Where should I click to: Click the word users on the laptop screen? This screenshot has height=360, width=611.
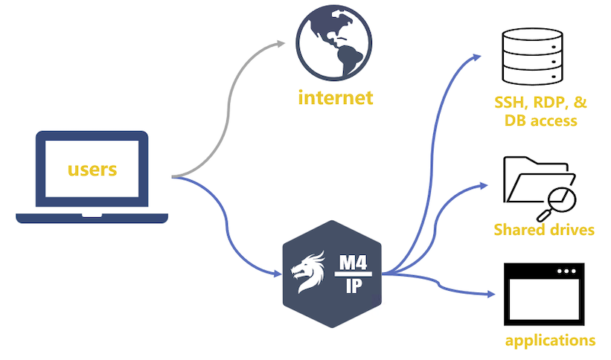tap(92, 169)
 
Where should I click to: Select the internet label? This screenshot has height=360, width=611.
tap(335, 97)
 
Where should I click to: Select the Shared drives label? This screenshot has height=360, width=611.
tap(544, 230)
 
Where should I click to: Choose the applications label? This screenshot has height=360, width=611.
tap(549, 341)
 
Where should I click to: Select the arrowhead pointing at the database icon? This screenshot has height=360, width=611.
tap(479, 57)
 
